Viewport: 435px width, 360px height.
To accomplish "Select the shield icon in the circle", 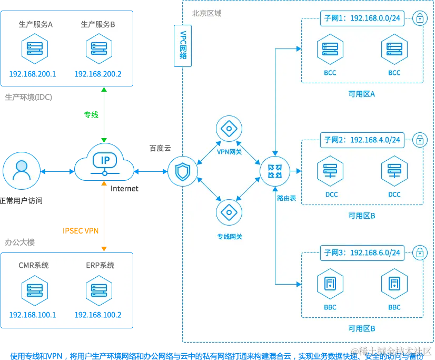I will (x=183, y=171).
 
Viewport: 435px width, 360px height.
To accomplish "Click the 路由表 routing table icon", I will (x=275, y=171).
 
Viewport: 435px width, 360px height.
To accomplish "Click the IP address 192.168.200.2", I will (x=98, y=74).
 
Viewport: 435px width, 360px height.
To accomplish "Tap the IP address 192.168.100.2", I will (x=98, y=315).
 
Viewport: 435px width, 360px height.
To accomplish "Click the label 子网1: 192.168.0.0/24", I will (x=361, y=19).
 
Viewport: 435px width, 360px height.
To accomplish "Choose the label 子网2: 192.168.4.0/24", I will (x=361, y=140).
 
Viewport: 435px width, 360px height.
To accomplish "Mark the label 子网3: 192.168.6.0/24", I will (x=361, y=252).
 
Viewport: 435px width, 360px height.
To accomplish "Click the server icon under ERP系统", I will (x=98, y=289).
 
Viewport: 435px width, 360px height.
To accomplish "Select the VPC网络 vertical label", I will (x=183, y=47).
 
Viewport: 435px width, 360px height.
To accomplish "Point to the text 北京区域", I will (x=206, y=13).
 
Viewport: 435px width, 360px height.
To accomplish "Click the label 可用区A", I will (x=362, y=94).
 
